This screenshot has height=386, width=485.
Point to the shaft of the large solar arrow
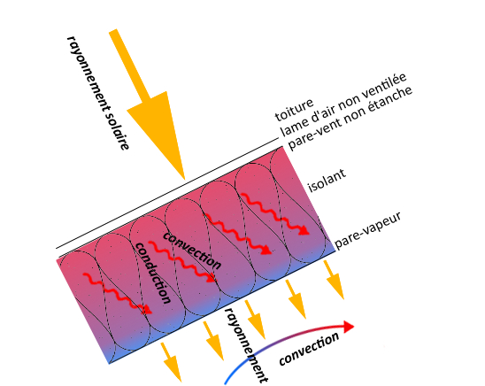coord(130,66)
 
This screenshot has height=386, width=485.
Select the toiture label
coord(294,110)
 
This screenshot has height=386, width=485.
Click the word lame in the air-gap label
coord(291,126)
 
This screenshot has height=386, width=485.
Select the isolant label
coord(327,180)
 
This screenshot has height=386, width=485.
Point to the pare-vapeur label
coord(368,230)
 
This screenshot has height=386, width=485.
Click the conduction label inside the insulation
coord(153,273)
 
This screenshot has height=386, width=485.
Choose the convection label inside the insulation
coord(192,251)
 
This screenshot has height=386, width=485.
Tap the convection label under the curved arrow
coord(309,349)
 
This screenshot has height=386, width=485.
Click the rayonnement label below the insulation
coord(246,345)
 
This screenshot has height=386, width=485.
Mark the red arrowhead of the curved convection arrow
coord(348,327)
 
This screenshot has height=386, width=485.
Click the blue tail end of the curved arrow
coord(226,383)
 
